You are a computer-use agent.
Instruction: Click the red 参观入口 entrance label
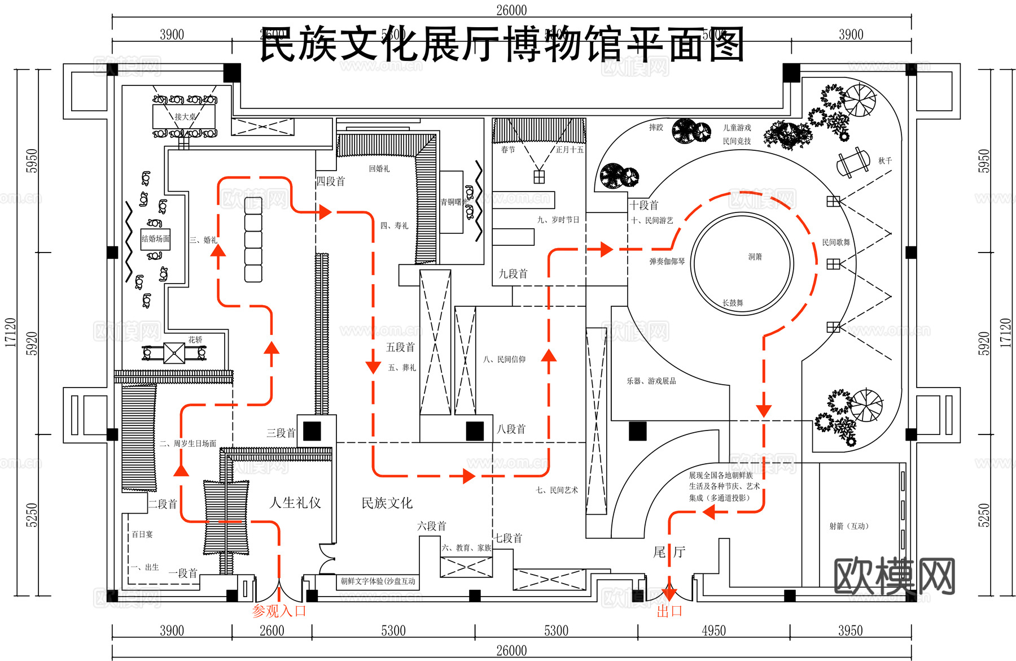coord(279,611)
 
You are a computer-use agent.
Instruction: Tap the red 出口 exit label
coord(669,611)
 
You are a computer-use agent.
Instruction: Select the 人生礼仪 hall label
coord(295,502)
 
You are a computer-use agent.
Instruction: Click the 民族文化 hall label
coord(387,503)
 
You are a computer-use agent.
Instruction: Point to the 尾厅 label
coord(669,552)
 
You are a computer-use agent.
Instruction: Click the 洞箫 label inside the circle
coord(755,256)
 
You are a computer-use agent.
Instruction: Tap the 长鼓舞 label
coord(733,303)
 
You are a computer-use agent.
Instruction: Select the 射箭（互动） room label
coord(848,526)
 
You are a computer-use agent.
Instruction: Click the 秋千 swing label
coord(885,161)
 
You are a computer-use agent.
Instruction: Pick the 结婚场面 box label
coord(156,239)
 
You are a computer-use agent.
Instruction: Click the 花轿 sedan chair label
coord(195,340)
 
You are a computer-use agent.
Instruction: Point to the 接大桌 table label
coord(185,116)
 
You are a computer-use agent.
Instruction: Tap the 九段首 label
coord(513,274)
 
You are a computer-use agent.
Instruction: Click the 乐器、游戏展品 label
coord(651,381)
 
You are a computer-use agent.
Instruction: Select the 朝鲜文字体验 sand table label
coord(378,581)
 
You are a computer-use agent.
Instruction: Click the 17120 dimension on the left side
coord(10,332)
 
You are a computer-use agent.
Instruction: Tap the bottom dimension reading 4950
coord(713,630)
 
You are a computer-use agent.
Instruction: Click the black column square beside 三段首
coord(312,431)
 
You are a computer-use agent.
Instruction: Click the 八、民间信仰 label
coord(504,359)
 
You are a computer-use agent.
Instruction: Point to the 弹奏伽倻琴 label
coord(667,262)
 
